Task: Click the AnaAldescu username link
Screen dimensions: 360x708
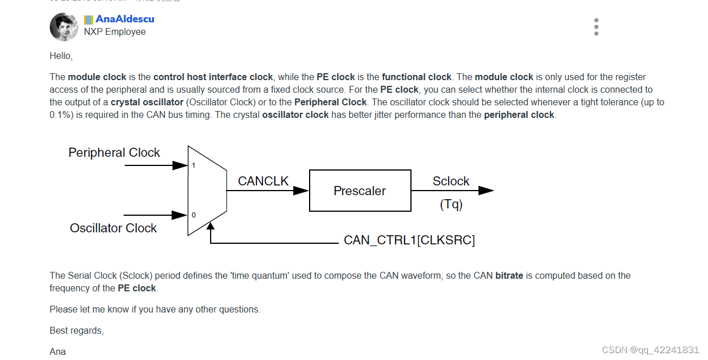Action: pos(124,19)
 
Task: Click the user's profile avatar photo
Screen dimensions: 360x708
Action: pos(64,27)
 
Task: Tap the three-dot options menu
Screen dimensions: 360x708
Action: pos(596,27)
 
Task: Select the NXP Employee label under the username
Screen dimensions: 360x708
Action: pos(114,32)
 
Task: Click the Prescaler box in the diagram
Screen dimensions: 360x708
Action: pos(360,191)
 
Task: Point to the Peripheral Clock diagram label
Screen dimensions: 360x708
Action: pos(114,153)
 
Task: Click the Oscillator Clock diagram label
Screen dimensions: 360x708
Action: pos(113,228)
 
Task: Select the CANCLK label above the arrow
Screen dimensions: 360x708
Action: pos(263,181)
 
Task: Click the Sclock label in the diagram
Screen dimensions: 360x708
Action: pos(450,181)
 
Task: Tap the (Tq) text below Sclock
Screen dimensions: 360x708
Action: pos(451,204)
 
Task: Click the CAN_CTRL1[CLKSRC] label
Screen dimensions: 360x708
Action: pos(409,240)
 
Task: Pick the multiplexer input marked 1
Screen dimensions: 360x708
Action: pos(193,165)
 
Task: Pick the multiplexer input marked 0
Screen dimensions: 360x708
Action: pos(193,215)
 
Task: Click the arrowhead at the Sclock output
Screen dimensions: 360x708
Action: pos(486,191)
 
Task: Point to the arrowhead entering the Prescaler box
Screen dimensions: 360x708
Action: pos(301,191)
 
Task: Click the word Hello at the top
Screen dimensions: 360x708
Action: pos(61,56)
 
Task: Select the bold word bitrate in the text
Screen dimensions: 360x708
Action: pos(509,276)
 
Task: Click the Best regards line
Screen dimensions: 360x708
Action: pos(77,331)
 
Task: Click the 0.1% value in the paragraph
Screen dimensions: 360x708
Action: pos(59,115)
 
